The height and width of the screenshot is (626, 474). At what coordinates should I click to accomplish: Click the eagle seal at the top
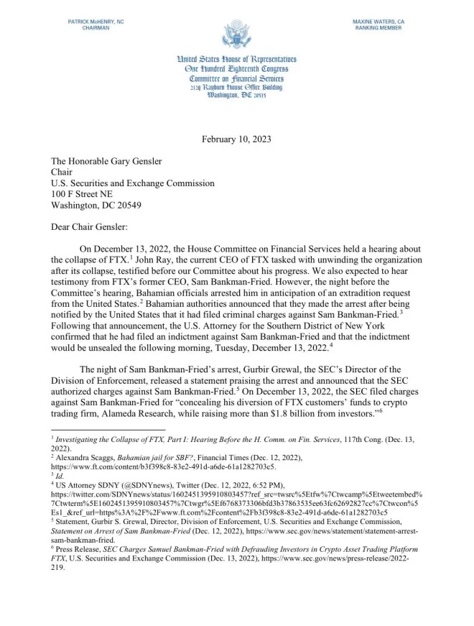point(236,35)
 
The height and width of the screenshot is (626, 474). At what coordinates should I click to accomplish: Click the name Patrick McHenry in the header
point(95,22)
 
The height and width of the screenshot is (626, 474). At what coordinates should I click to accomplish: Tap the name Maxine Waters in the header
point(378,22)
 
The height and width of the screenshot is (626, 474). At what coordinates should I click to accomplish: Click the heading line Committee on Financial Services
point(236,78)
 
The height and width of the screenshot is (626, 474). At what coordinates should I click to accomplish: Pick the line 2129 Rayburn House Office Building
point(236,87)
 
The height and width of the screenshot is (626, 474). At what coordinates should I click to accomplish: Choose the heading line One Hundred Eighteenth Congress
point(236,69)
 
